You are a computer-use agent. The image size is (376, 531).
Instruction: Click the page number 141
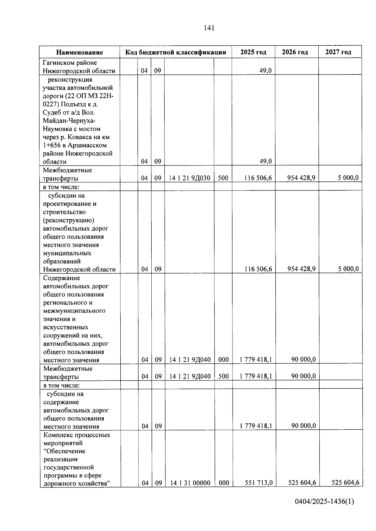pos(209,28)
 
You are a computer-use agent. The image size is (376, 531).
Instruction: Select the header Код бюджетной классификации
pos(175,52)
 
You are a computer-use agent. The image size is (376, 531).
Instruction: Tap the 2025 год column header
pos(253,52)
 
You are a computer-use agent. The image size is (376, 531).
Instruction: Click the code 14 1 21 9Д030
pos(189,178)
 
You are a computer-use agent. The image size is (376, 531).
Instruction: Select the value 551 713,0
pos(258,483)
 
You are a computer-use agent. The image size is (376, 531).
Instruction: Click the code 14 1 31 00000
pos(190,483)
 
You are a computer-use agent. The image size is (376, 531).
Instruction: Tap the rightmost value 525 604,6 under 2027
pos(345,482)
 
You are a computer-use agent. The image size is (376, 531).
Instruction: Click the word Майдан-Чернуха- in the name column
pos(70,120)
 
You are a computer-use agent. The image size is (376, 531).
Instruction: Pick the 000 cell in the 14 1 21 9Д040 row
pos(223,360)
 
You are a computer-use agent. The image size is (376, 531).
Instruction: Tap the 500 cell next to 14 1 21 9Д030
pos(223,178)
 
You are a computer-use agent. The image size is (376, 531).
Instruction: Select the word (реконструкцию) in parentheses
pos(69,220)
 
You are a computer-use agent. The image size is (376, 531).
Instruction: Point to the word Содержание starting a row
pos(61,278)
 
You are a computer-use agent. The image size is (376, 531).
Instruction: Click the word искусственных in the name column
pos(65,327)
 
